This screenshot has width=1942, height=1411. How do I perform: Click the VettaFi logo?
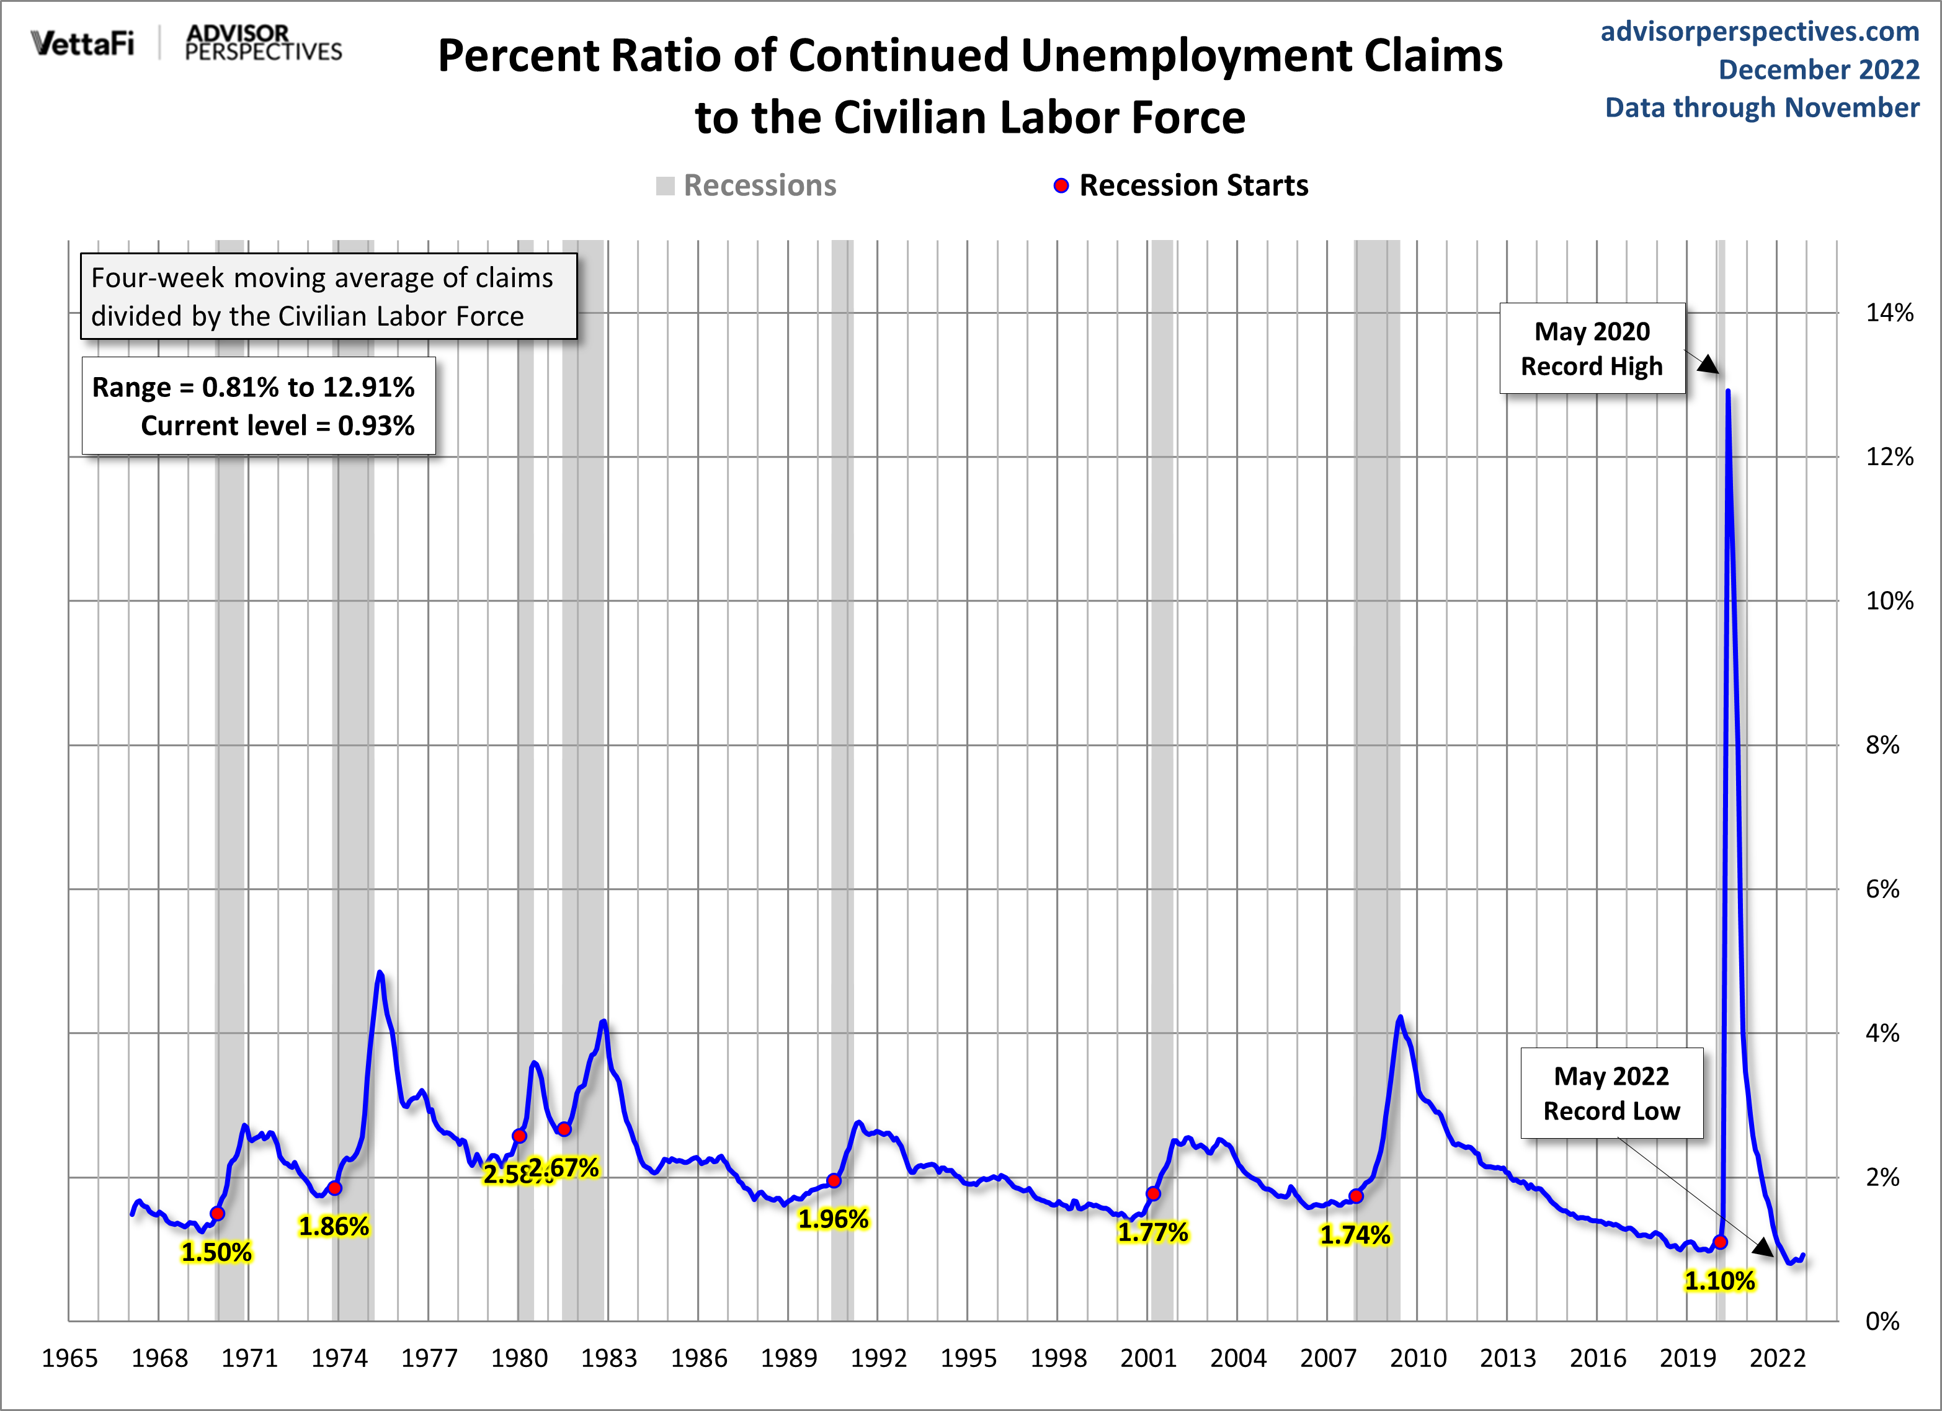click(82, 43)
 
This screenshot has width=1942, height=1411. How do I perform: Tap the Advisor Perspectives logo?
click(263, 43)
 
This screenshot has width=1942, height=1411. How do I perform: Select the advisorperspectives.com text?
click(1760, 32)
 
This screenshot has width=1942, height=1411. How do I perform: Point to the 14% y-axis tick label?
click(1889, 313)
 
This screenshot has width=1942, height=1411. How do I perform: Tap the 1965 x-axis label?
click(69, 1358)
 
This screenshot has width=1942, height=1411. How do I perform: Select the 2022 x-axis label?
click(1777, 1358)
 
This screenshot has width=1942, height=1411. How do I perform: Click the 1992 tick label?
click(878, 1358)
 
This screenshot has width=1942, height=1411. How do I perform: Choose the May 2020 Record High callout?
click(1592, 349)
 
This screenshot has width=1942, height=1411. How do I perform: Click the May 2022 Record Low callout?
click(1611, 1093)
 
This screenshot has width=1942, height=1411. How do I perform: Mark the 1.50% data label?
click(216, 1253)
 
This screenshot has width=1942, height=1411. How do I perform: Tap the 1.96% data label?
click(833, 1219)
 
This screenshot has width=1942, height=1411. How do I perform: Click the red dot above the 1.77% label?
click(1154, 1193)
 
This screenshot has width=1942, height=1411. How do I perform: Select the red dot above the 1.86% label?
click(335, 1188)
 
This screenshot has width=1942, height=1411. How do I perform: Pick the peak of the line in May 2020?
click(1728, 391)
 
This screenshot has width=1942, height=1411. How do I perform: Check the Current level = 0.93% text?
click(277, 425)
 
